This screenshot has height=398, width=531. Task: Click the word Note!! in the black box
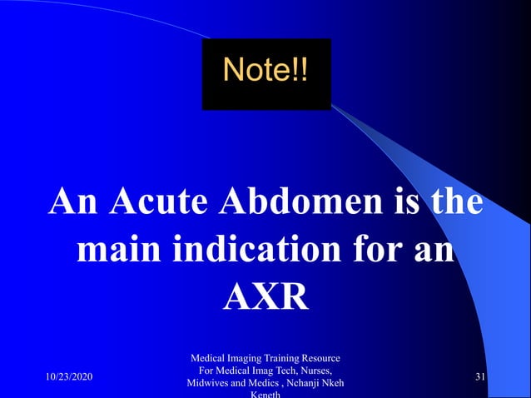point(265,70)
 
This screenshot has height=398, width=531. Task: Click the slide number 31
point(480,378)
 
